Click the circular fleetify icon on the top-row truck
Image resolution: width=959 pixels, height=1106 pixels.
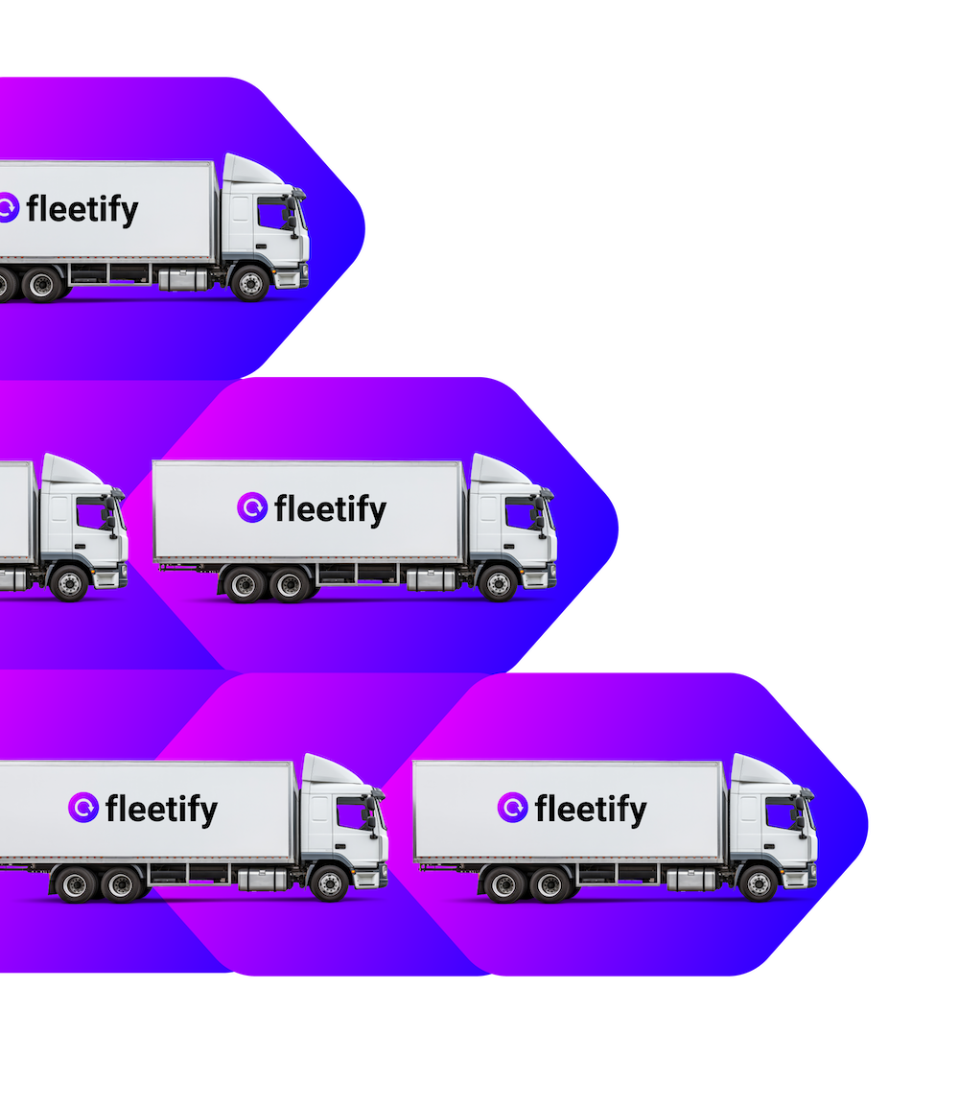coord(7,208)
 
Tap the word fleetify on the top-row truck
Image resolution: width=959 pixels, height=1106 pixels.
coord(82,209)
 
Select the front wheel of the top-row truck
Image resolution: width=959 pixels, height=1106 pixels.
coord(250,283)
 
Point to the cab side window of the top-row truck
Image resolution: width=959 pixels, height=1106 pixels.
coord(271,214)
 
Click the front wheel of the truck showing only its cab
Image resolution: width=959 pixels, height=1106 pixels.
coord(69,582)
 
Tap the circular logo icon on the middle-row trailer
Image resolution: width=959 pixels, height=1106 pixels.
coord(252,508)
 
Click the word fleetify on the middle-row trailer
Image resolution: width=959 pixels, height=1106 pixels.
coord(330,509)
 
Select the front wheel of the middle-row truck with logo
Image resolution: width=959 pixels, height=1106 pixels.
coord(498,582)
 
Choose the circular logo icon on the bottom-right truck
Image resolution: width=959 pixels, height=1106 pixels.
coord(513,808)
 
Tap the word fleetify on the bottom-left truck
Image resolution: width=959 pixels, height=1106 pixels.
coord(161,810)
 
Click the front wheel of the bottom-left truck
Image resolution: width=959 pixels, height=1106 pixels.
coord(329,882)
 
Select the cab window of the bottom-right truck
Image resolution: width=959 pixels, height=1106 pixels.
coord(780,813)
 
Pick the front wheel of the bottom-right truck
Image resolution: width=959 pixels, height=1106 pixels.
coord(759,882)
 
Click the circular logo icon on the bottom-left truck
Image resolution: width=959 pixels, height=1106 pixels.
coord(83,808)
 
